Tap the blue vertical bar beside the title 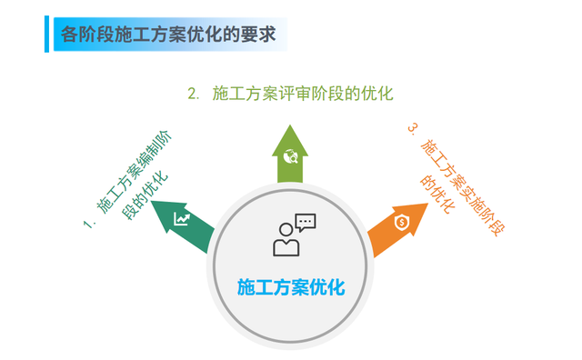[x=46, y=34]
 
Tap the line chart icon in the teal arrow [x=184, y=219]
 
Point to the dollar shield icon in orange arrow [x=401, y=221]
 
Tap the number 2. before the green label [x=193, y=93]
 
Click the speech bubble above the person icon [x=305, y=221]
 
